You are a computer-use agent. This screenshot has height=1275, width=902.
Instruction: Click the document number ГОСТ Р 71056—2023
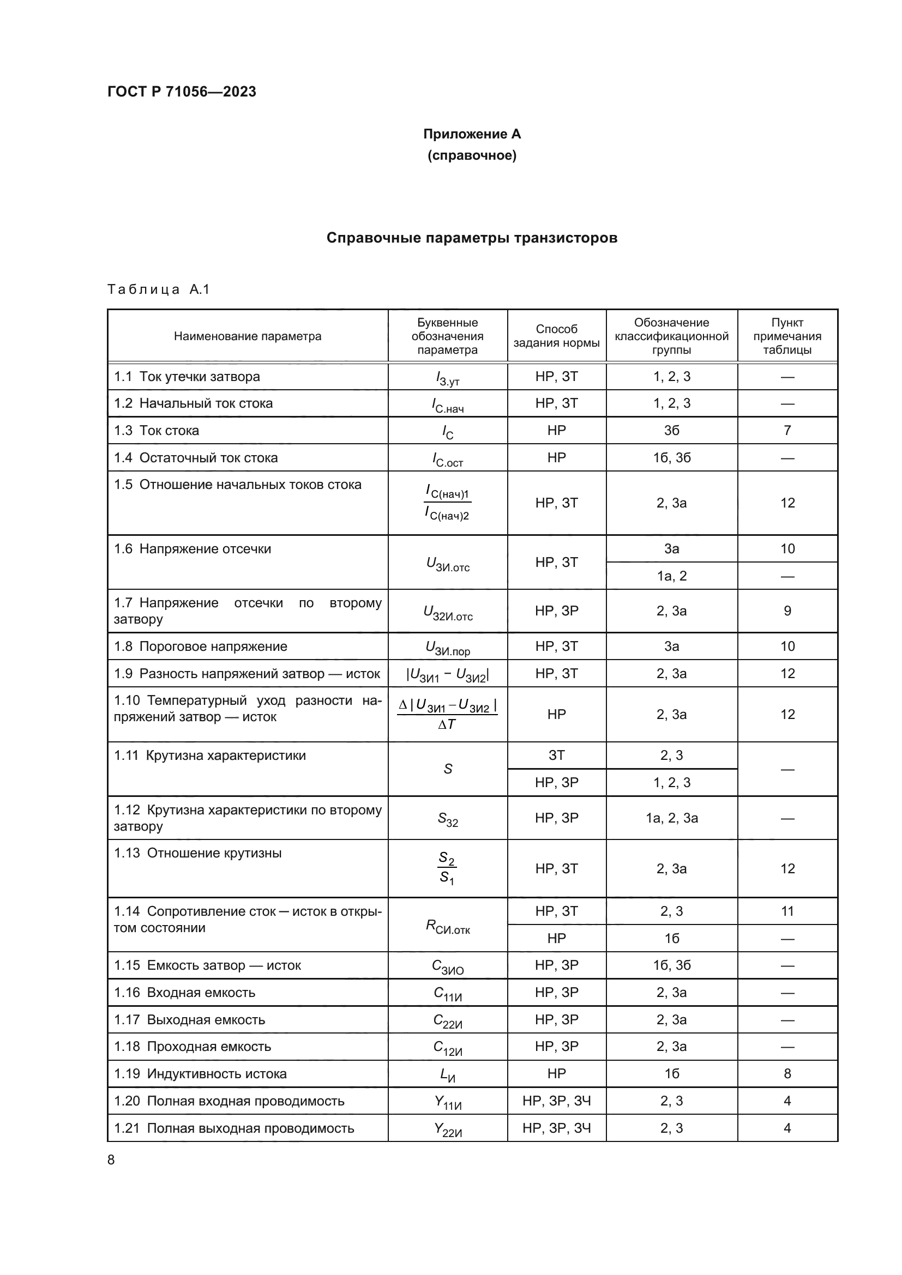pyautogui.click(x=182, y=92)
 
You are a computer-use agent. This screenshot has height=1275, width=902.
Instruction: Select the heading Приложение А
pyautogui.click(x=472, y=134)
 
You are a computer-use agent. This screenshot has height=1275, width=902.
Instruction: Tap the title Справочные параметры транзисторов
pyautogui.click(x=472, y=238)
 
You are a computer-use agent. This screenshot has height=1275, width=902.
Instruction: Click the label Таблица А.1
pyautogui.click(x=158, y=289)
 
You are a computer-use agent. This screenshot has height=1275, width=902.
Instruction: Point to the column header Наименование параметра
pyautogui.click(x=247, y=336)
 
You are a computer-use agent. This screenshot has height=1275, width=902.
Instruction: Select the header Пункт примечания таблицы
pyautogui.click(x=786, y=336)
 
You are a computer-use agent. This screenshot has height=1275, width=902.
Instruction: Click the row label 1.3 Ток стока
pyautogui.click(x=157, y=431)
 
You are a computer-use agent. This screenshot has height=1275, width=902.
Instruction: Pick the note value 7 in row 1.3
pyautogui.click(x=786, y=431)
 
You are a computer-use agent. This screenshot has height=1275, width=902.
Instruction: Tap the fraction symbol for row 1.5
pyautogui.click(x=447, y=503)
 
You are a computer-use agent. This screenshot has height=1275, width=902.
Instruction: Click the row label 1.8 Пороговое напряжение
pyautogui.click(x=201, y=646)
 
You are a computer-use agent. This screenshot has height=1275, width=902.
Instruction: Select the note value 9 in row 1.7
pyautogui.click(x=786, y=611)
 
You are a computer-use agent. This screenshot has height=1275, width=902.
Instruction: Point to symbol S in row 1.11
pyautogui.click(x=448, y=769)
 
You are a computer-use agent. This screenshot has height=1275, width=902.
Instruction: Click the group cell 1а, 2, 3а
pyautogui.click(x=671, y=818)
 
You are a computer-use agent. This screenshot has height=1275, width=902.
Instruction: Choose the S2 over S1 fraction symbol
pyautogui.click(x=447, y=869)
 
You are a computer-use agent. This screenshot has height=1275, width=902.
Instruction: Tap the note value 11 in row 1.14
pyautogui.click(x=786, y=911)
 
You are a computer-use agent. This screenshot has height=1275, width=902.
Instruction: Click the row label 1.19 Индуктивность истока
pyautogui.click(x=201, y=1074)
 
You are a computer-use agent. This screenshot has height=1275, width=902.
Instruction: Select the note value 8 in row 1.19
pyautogui.click(x=786, y=1074)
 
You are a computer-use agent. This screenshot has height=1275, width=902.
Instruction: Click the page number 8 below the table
pyautogui.click(x=111, y=1160)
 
